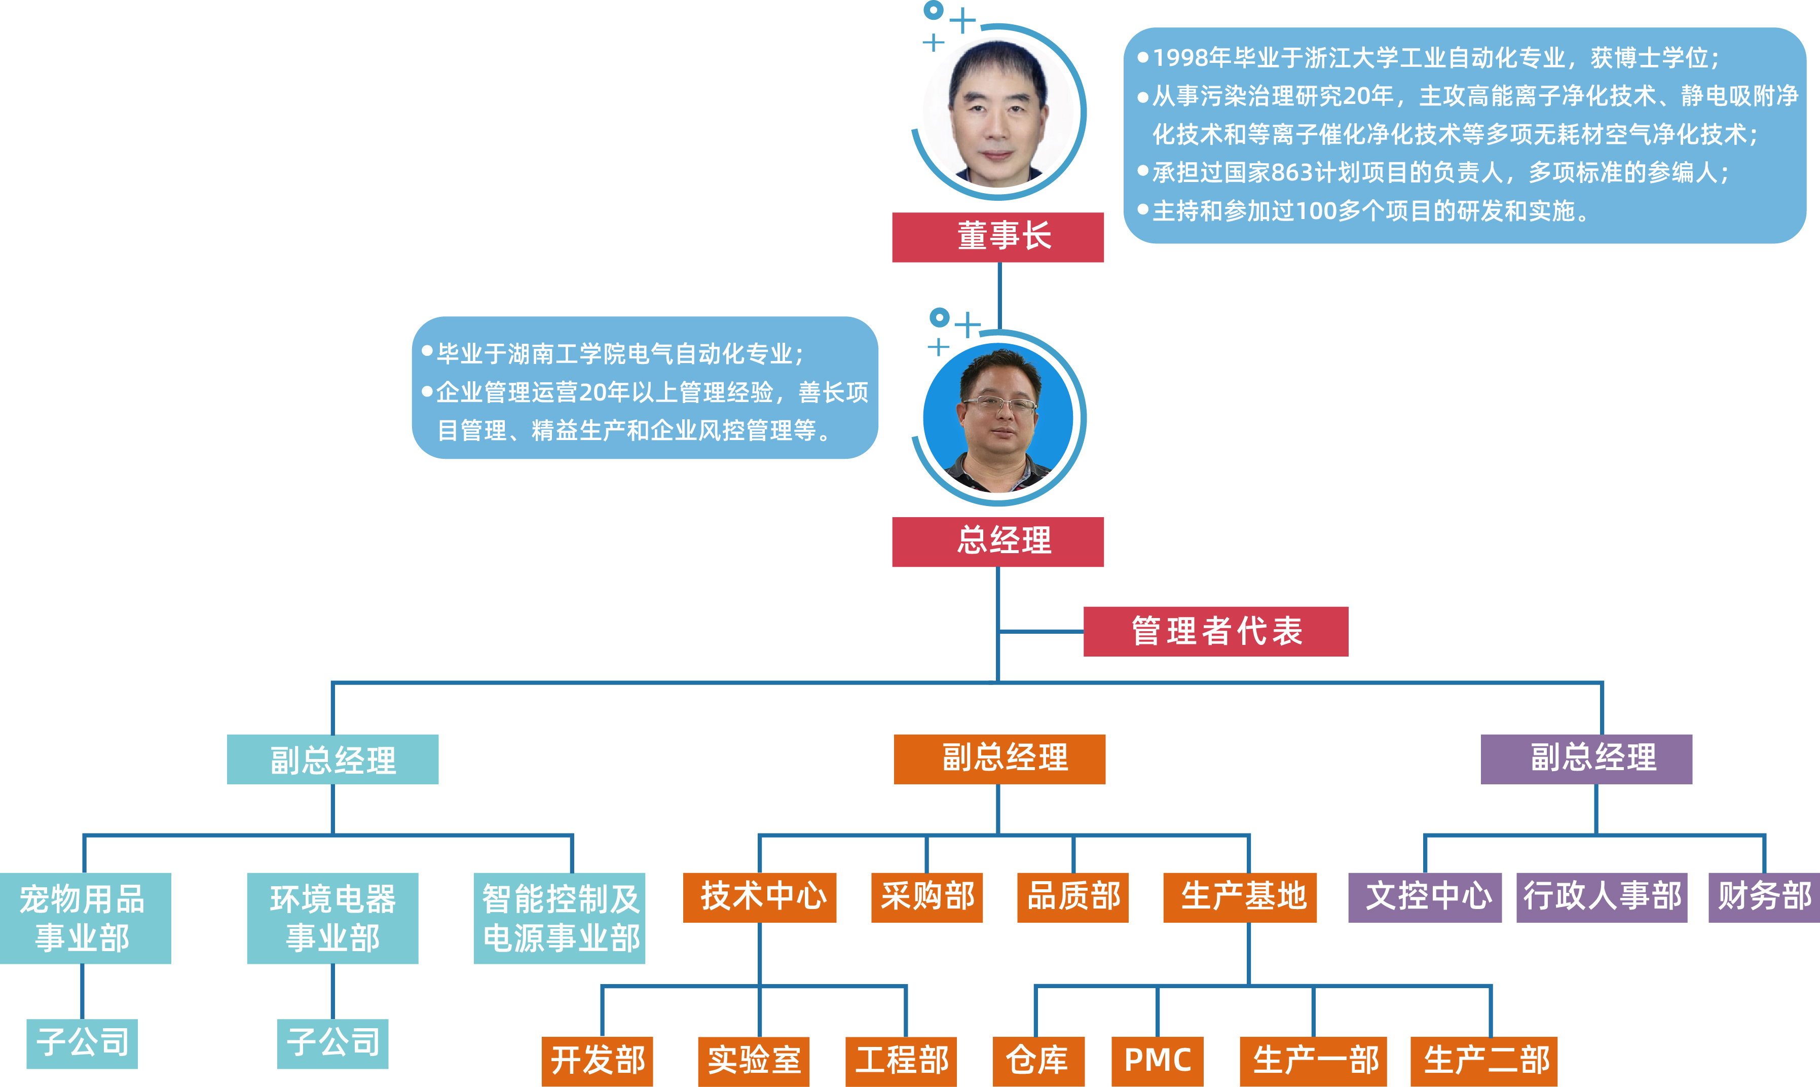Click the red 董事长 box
(997, 237)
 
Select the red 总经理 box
(997, 541)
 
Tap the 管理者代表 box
(1215, 631)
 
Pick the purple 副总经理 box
(1586, 759)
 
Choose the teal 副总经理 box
(332, 759)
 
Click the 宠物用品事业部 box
(85, 917)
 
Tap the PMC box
(1157, 1061)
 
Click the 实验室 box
(753, 1061)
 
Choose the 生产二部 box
(1483, 1061)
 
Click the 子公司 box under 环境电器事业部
(332, 1043)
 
